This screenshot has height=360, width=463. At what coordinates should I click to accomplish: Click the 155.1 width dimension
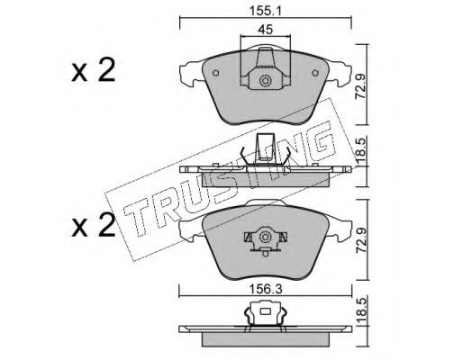pyautogui.click(x=265, y=12)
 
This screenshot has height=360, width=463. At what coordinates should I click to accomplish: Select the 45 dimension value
pyautogui.click(x=266, y=30)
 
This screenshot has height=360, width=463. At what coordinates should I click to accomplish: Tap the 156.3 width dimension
pyautogui.click(x=266, y=290)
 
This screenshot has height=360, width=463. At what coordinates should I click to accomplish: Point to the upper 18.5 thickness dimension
pyautogui.click(x=360, y=152)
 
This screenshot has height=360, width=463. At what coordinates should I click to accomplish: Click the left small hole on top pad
pyautogui.click(x=215, y=73)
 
